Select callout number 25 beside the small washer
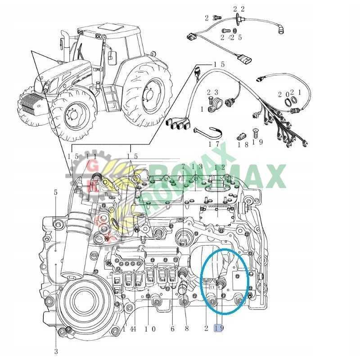click(x=237, y=37)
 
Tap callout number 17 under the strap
click(x=213, y=144)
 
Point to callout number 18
click(x=243, y=144)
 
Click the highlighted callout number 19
click(x=219, y=328)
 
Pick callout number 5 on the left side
click(x=56, y=193)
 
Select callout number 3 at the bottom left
click(x=56, y=351)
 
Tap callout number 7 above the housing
click(x=184, y=167)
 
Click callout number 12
click(x=219, y=167)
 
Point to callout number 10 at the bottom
click(x=150, y=329)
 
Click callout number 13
click(x=198, y=167)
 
